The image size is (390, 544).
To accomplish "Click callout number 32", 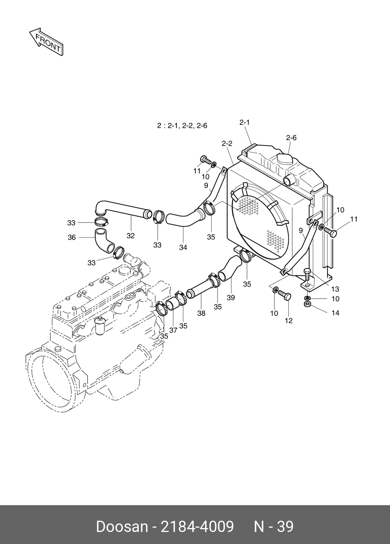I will point(130,236).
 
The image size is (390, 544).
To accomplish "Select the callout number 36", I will point(72,237).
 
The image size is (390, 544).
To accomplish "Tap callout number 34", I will point(183,247).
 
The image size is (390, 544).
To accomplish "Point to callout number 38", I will point(201,313).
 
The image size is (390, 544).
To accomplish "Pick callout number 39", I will point(231,297).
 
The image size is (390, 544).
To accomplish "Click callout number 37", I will point(173,330).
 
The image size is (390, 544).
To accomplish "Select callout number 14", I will point(335,313).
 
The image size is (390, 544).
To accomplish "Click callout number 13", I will point(335,289).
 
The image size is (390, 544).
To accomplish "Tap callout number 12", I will point(288,320).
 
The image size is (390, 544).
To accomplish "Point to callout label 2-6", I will point(291,137).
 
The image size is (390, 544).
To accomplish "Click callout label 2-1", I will point(244,122).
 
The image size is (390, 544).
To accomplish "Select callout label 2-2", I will point(227,143).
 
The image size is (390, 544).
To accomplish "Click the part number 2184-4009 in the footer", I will point(197,527).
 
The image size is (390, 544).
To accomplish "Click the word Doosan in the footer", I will point(122,527).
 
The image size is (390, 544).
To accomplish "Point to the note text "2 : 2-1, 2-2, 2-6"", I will point(182,126).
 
